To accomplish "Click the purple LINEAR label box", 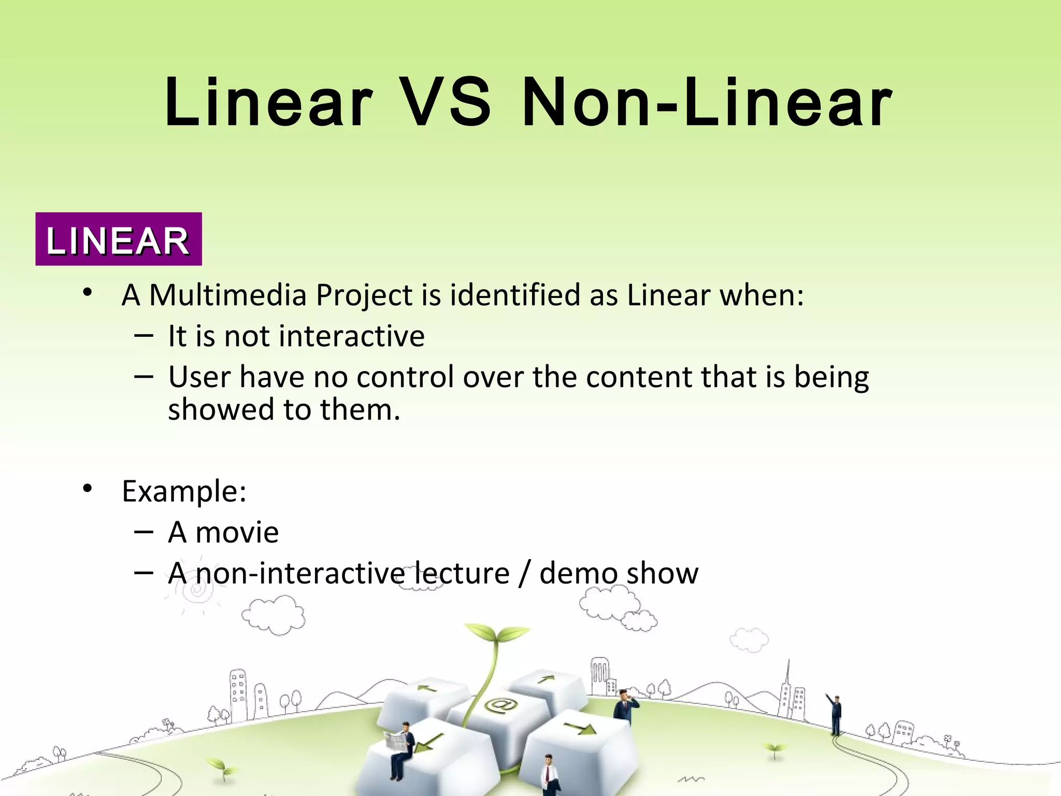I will pos(118,239).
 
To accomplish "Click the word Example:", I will pos(184,491).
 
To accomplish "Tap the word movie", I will pos(237,533).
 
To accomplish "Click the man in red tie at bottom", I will pos(549,774).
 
